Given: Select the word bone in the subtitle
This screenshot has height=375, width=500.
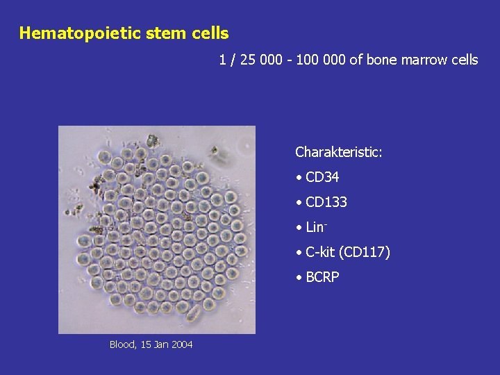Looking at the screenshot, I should pyautogui.click(x=382, y=60).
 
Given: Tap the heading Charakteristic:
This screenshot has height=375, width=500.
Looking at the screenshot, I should pyautogui.click(x=338, y=152).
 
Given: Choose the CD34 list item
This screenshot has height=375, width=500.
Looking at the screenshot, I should pyautogui.click(x=322, y=178).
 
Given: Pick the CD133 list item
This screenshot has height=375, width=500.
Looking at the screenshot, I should pyautogui.click(x=326, y=203).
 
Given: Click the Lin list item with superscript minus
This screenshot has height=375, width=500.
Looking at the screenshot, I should pyautogui.click(x=316, y=227).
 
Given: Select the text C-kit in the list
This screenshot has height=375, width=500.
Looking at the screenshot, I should pyautogui.click(x=320, y=252).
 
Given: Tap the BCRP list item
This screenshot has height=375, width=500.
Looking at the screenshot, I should pyautogui.click(x=322, y=277).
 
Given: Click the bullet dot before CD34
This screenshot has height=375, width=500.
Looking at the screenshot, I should pyautogui.click(x=298, y=178).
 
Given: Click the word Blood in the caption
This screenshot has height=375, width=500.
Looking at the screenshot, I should pyautogui.click(x=122, y=344).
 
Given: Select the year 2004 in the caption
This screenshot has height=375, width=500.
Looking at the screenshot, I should pyautogui.click(x=181, y=344).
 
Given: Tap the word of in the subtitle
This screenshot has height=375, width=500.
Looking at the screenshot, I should pyautogui.click(x=356, y=60).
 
